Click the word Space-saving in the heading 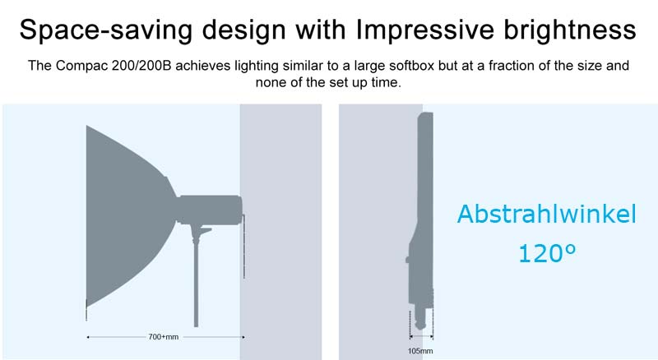tap(106, 30)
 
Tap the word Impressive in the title tap(425, 30)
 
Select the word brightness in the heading tap(570, 30)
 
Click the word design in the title tap(244, 30)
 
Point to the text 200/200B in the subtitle tap(141, 66)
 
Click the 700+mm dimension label tap(163, 337)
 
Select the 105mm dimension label tap(420, 351)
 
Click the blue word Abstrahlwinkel tap(546, 214)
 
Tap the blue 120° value tap(547, 253)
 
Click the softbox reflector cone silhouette tap(126, 214)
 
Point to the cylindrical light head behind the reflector tap(210, 210)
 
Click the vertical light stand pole tap(196, 277)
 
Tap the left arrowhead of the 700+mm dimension tap(88, 337)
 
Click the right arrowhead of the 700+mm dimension tap(243, 337)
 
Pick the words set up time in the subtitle tap(364, 82)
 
